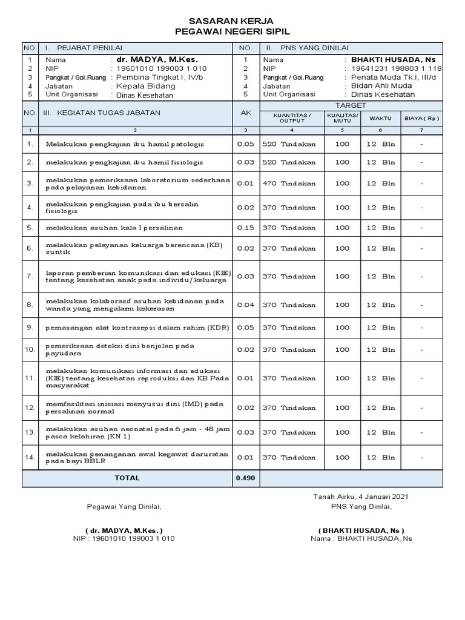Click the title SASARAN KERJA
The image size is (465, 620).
(x=232, y=21)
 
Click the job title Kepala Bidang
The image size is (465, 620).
(x=140, y=86)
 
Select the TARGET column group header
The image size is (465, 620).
(x=351, y=105)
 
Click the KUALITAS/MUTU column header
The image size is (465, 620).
(x=342, y=117)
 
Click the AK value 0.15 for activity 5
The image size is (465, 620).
(x=245, y=228)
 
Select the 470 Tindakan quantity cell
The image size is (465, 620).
(x=289, y=183)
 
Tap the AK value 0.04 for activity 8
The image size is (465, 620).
(x=245, y=305)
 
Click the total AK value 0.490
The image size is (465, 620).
(x=245, y=478)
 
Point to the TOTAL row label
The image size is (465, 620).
(x=127, y=478)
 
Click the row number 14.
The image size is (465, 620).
(x=30, y=457)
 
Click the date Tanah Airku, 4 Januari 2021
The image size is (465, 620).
(x=360, y=496)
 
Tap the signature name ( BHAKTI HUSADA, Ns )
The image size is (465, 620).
(x=361, y=529)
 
